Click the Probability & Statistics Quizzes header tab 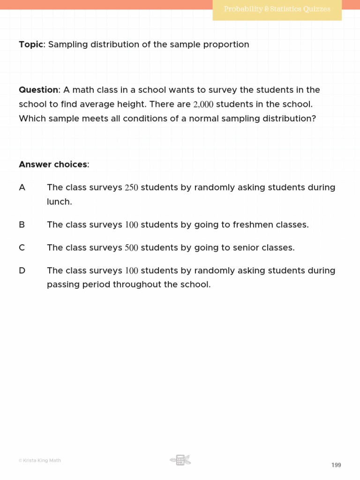click(x=277, y=9)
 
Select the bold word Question click(x=39, y=90)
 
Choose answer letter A click(x=22, y=187)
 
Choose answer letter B click(x=22, y=225)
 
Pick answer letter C click(x=22, y=248)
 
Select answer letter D click(x=22, y=271)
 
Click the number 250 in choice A click(x=131, y=188)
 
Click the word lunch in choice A click(x=59, y=202)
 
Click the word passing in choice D click(x=62, y=285)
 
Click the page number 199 click(x=336, y=465)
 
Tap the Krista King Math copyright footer click(x=40, y=460)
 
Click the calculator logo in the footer click(x=180, y=460)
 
